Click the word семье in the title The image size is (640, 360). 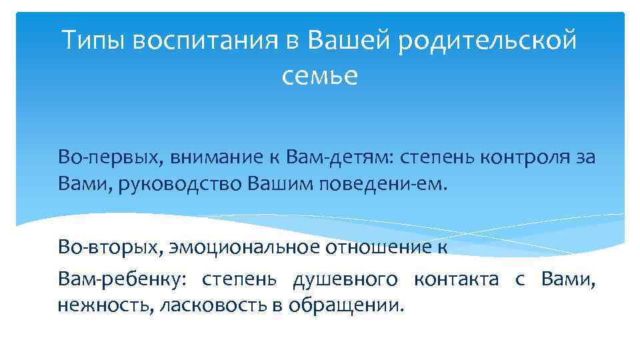tap(320, 77)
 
